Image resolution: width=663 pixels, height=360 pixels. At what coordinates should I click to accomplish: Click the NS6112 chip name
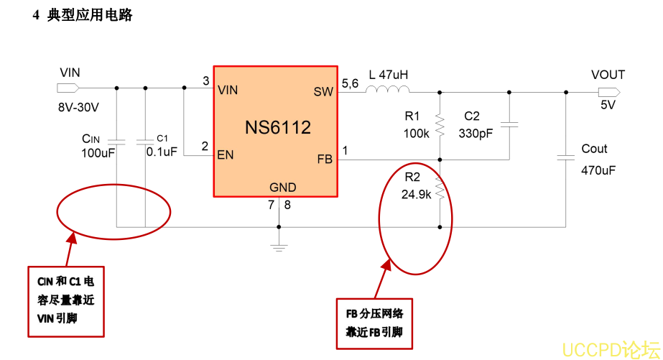coord(278,128)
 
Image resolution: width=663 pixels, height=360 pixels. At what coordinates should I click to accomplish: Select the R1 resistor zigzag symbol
coord(440,126)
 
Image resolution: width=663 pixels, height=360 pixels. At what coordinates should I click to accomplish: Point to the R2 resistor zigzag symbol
coord(440,192)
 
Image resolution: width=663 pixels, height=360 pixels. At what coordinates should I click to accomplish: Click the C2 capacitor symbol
coord(509,125)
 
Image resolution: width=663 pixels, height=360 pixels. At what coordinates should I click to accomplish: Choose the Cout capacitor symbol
coord(567,157)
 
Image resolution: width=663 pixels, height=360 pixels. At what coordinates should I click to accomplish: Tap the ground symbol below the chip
coord(279,247)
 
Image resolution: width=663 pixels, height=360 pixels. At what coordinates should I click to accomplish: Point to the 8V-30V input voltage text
coord(78,106)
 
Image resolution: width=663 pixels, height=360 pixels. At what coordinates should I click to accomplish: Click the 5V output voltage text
coord(608,105)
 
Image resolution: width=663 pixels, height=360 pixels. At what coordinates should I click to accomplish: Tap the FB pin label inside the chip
coord(325,159)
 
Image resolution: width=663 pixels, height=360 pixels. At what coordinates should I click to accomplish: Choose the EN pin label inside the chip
coord(226,154)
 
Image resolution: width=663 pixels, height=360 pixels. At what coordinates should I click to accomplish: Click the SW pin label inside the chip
coord(323,91)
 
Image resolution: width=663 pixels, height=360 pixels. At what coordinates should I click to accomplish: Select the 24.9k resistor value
coord(416,194)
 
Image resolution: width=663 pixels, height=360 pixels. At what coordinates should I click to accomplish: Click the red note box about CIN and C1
coord(65,300)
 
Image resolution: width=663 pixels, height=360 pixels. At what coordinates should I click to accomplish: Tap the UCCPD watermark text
coord(609,349)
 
